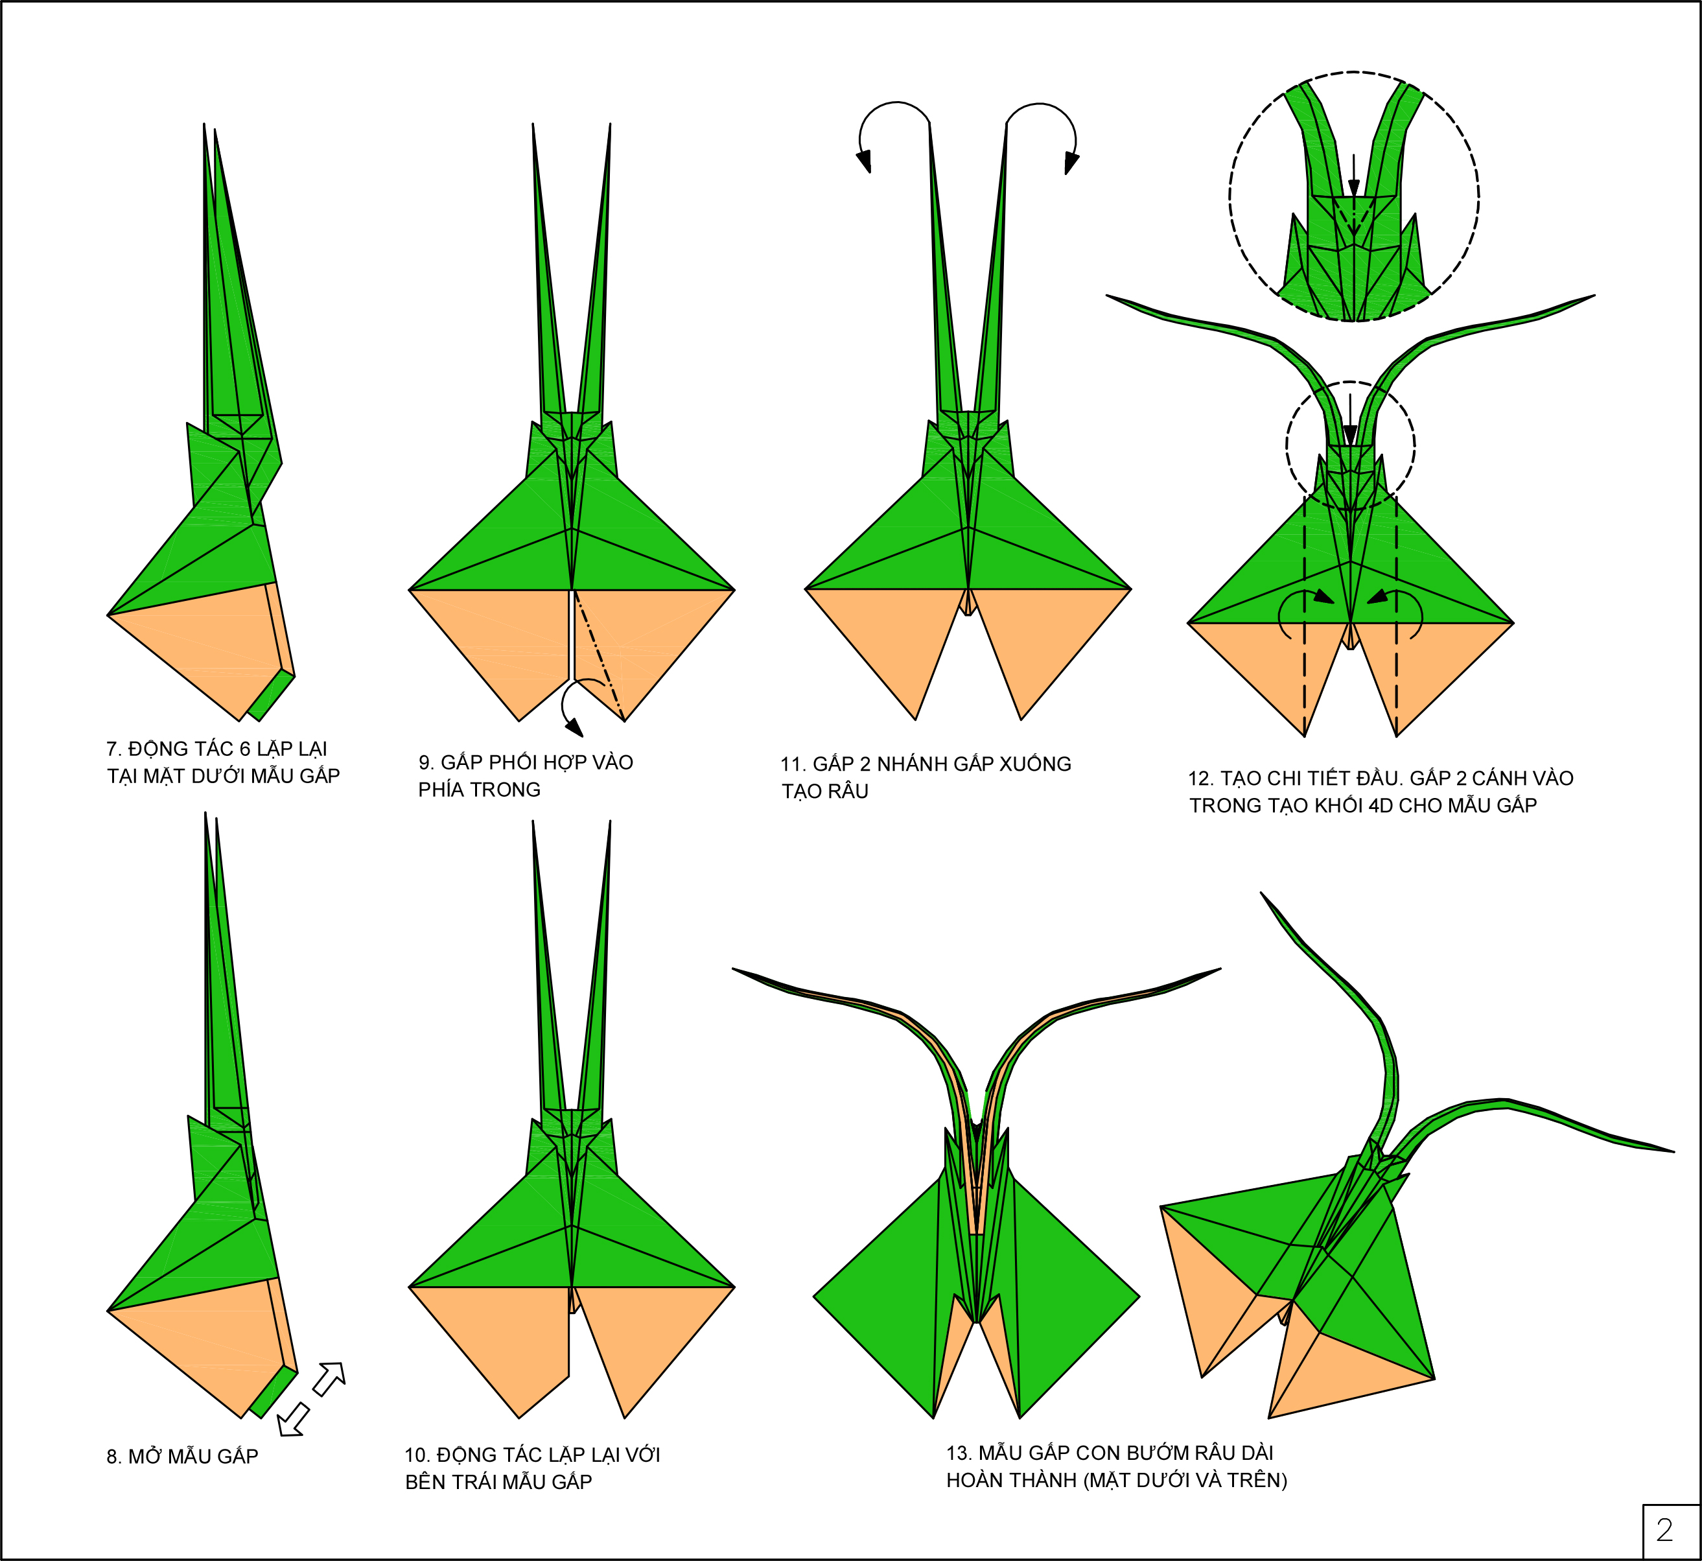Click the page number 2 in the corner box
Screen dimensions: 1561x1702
click(x=1664, y=1530)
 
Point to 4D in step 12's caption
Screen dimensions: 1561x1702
click(x=1380, y=806)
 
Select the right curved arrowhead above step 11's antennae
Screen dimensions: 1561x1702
click(x=1071, y=162)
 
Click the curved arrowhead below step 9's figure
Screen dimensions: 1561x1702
click(x=574, y=727)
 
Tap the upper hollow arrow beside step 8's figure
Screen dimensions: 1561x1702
click(x=329, y=1379)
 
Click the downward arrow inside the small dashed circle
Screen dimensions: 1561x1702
click(x=1350, y=433)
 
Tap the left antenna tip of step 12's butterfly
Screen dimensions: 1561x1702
click(x=1108, y=296)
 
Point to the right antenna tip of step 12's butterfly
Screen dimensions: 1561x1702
click(x=1593, y=296)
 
